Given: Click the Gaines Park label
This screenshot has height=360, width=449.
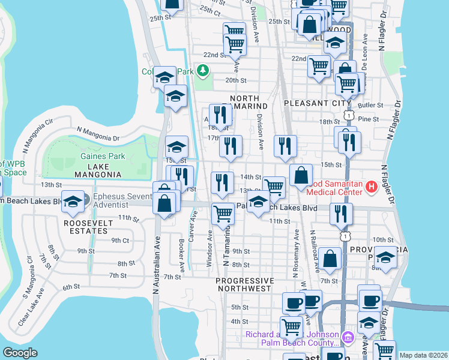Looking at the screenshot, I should point(103,157).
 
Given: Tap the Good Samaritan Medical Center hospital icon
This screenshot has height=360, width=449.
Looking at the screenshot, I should point(371,187).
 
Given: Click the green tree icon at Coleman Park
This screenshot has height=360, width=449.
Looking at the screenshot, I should point(203,71).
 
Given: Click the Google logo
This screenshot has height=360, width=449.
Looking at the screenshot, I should point(20,353).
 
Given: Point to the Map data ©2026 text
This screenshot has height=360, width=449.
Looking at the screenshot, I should point(423,355).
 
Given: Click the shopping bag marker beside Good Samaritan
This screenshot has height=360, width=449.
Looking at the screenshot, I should point(301,175).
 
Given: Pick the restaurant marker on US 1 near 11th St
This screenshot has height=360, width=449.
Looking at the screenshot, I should point(341,214).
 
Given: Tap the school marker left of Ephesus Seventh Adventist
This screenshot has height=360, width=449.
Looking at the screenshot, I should point(73,202).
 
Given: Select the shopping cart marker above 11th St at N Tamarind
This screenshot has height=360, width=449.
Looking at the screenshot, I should point(223,213).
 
